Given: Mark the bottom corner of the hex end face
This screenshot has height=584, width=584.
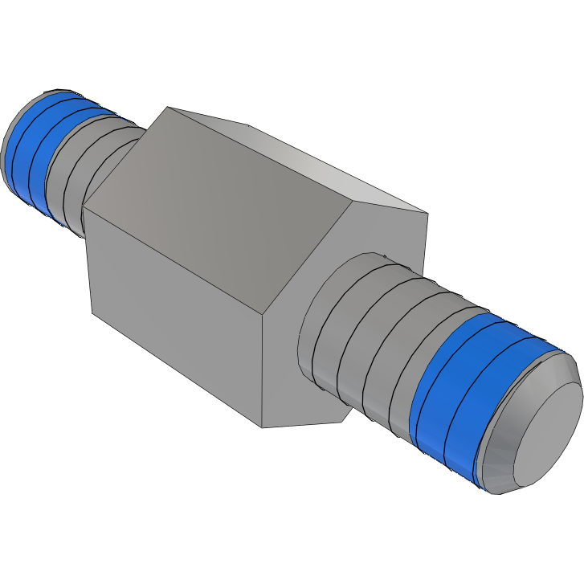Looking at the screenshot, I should coord(262,427).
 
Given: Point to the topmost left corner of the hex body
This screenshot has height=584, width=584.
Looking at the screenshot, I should coord(165,106).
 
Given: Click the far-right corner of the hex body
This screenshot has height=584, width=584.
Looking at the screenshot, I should coord(427,214).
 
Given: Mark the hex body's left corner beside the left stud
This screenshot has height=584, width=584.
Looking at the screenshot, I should coord(84,210).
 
